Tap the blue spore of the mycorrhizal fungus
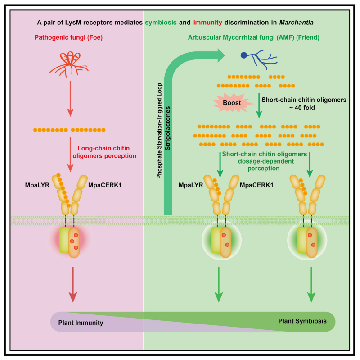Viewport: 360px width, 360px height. click(x=243, y=55)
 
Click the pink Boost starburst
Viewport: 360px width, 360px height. click(x=234, y=102)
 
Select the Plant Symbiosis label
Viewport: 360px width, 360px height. click(x=302, y=321)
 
